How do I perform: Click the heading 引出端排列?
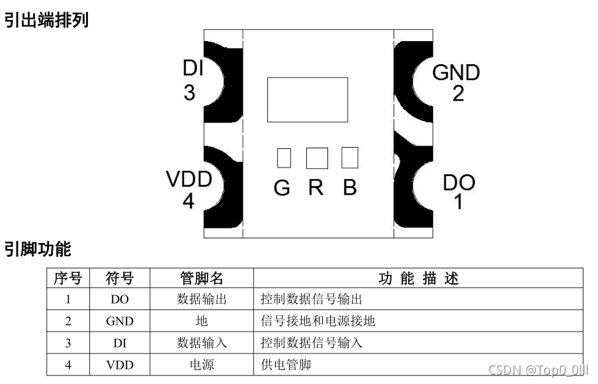coord(46,21)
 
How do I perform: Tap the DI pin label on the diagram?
coord(192,69)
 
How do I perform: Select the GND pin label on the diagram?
coord(456,72)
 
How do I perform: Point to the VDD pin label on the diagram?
coord(189,179)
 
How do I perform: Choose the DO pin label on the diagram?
coord(458,182)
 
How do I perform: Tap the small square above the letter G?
coord(283,158)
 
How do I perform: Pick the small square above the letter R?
coord(317,158)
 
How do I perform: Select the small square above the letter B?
coord(349,158)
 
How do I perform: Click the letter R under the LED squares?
coord(316,188)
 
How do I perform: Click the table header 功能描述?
coord(418,278)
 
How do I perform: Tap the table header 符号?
coord(120,278)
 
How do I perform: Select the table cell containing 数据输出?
coord(202,299)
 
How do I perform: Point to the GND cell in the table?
coord(120,321)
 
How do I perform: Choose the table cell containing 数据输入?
coord(202,343)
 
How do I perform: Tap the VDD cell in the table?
coord(120,365)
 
